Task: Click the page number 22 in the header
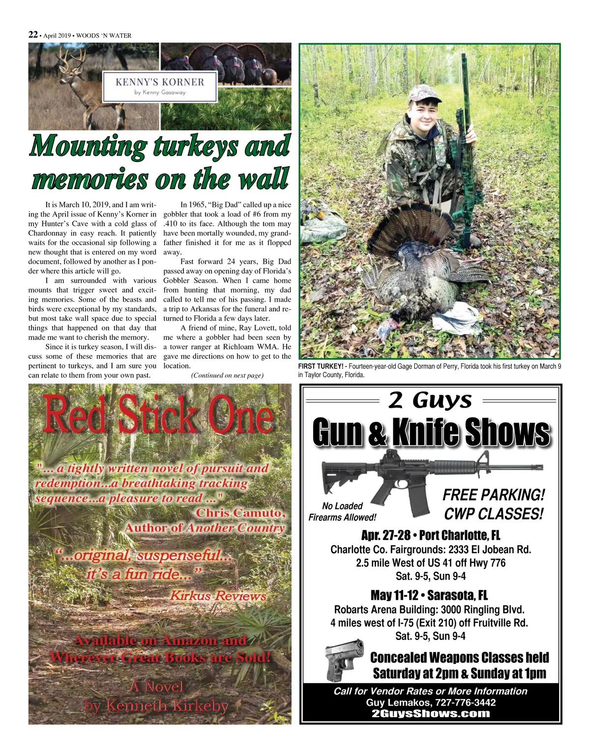pos(33,35)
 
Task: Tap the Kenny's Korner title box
pos(160,86)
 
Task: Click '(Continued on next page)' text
pos(227,375)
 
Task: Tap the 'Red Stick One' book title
pos(158,416)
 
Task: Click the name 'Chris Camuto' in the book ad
pos(240,513)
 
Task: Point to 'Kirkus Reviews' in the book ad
pos(218,596)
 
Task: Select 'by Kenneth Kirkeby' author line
pos(156,706)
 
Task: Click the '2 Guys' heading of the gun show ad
pos(430,400)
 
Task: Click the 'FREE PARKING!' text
pos(494,495)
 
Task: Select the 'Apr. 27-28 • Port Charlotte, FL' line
pos(430,535)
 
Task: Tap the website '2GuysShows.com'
pos(431,714)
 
